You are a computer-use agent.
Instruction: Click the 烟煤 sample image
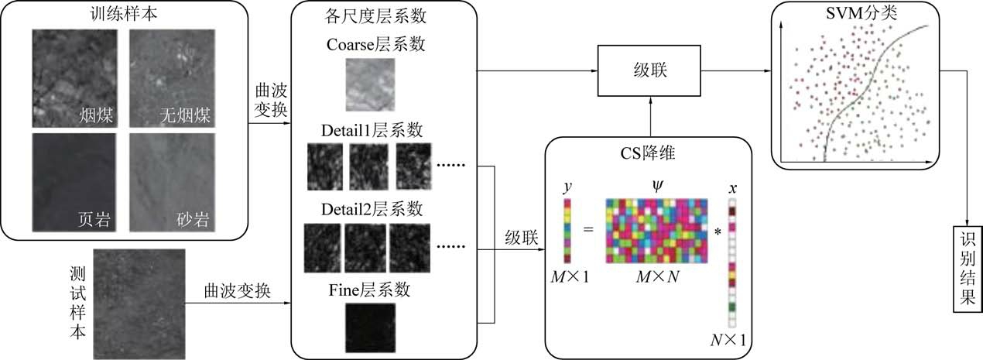pyautogui.click(x=75, y=78)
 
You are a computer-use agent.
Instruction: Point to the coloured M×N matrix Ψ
pyautogui.click(x=657, y=230)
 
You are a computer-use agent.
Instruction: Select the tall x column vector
pyautogui.click(x=731, y=264)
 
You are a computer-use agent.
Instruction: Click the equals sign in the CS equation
pyautogui.click(x=587, y=230)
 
